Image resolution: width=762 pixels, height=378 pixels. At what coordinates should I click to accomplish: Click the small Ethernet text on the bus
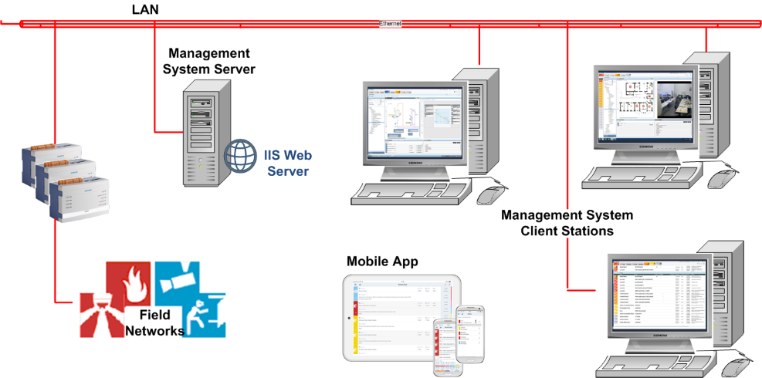(390, 24)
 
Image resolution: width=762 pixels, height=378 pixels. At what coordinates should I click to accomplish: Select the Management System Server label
(209, 61)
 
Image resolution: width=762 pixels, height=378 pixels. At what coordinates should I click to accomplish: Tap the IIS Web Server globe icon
(240, 156)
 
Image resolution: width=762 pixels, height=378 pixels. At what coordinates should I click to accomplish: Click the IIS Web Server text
(288, 163)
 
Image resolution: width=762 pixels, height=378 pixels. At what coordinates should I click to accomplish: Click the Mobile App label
(381, 262)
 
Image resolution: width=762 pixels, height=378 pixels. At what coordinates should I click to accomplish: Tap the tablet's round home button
(350, 317)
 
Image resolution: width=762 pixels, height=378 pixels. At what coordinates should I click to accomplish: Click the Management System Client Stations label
(567, 222)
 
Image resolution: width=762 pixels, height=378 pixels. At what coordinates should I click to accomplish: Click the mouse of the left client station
(489, 194)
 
